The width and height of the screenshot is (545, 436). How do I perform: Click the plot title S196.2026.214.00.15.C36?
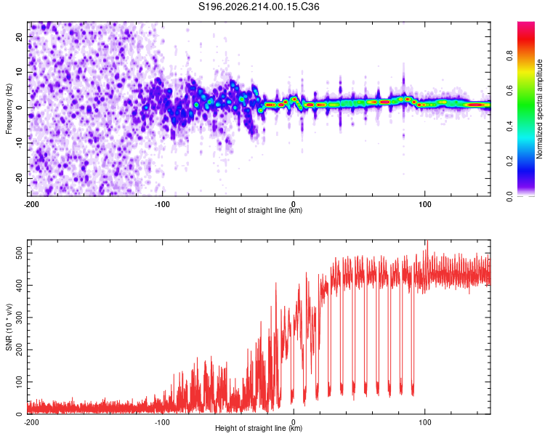click(259, 7)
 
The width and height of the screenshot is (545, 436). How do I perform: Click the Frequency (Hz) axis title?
click(9, 109)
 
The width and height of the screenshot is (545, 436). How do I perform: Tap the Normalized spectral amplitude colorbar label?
click(539, 109)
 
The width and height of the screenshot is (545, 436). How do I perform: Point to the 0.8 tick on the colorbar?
click(509, 56)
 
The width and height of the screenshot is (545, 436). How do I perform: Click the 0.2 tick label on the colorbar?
click(509, 161)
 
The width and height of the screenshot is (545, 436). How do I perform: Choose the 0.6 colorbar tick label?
click(509, 91)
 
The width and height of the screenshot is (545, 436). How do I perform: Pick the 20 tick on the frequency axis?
click(20, 36)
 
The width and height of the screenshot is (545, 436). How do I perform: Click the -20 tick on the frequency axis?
click(20, 178)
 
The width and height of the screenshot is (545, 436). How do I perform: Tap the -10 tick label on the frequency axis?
click(20, 143)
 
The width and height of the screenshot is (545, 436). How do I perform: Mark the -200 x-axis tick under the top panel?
click(31, 204)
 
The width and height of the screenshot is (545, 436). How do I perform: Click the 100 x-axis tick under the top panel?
click(425, 204)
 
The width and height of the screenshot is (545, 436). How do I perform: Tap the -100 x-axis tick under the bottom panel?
click(162, 422)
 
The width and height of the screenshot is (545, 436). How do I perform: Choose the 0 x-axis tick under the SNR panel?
click(294, 422)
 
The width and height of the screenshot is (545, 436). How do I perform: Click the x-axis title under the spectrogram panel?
click(259, 210)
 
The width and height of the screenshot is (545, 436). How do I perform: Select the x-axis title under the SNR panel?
click(259, 428)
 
